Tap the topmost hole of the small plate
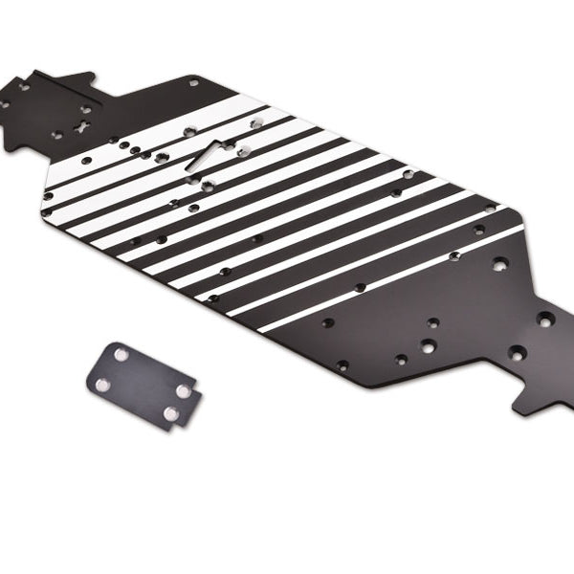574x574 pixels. [x=121, y=355]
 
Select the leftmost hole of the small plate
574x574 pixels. [x=102, y=384]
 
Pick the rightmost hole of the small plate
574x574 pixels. [x=184, y=389]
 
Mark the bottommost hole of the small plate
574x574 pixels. [x=169, y=414]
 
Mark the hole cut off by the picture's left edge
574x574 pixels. [x=3, y=103]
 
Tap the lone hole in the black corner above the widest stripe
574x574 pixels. [x=194, y=83]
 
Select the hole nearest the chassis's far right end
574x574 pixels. [x=545, y=319]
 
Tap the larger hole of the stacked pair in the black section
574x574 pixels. [x=428, y=345]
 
